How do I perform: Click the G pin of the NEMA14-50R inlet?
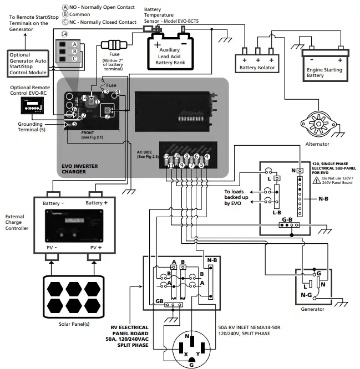point(191,364)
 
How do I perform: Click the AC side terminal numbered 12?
point(166,157)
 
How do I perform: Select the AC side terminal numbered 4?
point(207,157)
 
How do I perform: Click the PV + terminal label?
point(96,247)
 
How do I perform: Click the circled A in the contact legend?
point(65,7)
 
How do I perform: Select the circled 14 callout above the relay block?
point(64,34)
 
